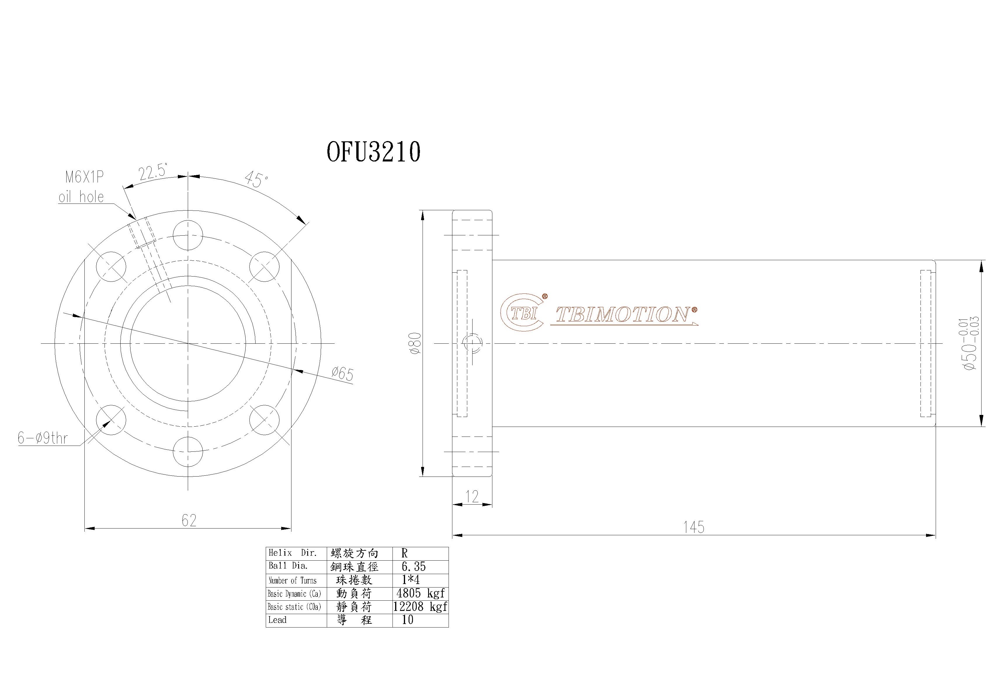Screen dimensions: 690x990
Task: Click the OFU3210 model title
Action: click(x=374, y=152)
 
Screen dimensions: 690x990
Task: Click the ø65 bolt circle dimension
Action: click(x=342, y=373)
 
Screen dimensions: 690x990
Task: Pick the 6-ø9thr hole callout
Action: click(x=43, y=439)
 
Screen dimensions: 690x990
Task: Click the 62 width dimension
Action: click(x=189, y=521)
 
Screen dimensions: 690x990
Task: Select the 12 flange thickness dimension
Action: click(x=472, y=497)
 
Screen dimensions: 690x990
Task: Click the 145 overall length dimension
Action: click(x=694, y=527)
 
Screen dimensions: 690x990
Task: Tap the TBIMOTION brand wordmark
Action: click(x=623, y=315)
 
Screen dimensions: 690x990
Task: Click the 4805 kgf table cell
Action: click(x=420, y=593)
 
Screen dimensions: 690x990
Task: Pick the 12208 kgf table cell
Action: click(x=420, y=607)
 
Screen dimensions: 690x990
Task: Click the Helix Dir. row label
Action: click(x=293, y=553)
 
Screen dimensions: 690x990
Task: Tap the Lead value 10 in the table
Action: click(x=407, y=620)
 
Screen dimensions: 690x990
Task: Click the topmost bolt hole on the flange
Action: click(x=188, y=235)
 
